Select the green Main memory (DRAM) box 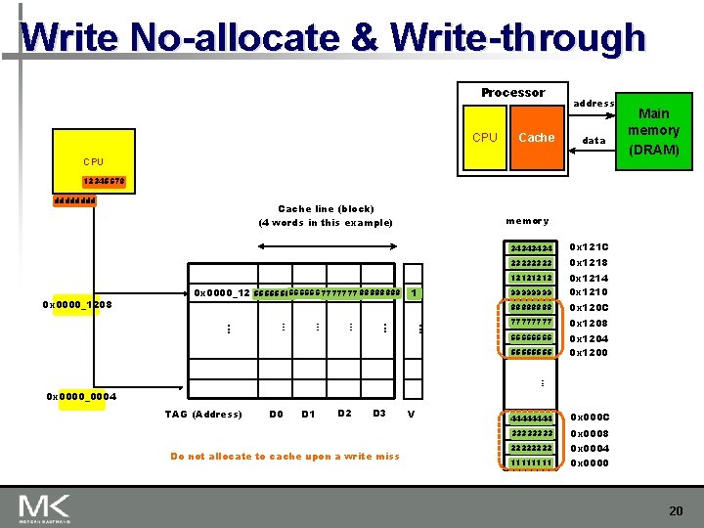tap(653, 131)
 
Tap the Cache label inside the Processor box tap(536, 138)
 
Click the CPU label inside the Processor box tap(485, 138)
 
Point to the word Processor tap(512, 93)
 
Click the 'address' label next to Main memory tap(594, 104)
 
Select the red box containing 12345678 tap(105, 181)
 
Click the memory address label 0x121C tap(589, 247)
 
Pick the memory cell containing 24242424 tap(532, 247)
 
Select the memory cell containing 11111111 tap(532, 462)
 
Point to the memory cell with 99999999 tap(532, 292)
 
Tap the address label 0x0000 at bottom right tap(589, 462)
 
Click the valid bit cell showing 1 tap(415, 292)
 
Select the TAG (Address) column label tap(203, 415)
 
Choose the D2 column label tap(344, 414)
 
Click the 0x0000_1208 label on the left tap(78, 305)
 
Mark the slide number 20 tap(676, 511)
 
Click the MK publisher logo tap(44, 507)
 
